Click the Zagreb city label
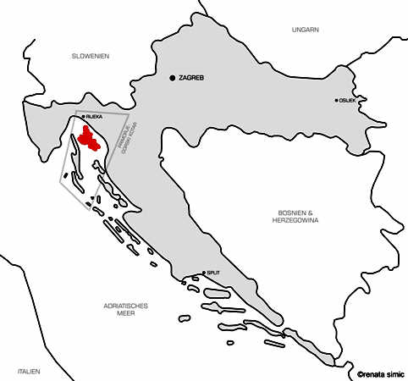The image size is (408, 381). click(x=192, y=78)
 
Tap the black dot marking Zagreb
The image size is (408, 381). click(x=173, y=78)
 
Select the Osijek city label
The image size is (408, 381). click(x=347, y=100)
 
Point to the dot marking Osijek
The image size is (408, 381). click(x=336, y=100)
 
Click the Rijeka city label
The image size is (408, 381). click(x=94, y=116)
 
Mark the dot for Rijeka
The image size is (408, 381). click(x=83, y=116)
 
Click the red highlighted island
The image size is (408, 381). click(x=87, y=138)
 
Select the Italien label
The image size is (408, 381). click(x=29, y=371)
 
